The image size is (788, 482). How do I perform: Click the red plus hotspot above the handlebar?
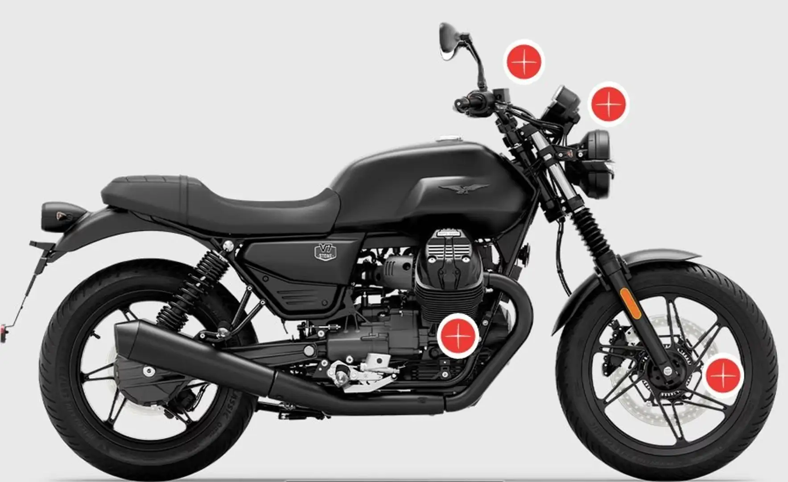click(524, 62)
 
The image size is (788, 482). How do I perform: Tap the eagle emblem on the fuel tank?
click(464, 188)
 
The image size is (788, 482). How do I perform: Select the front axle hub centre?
click(668, 370)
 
